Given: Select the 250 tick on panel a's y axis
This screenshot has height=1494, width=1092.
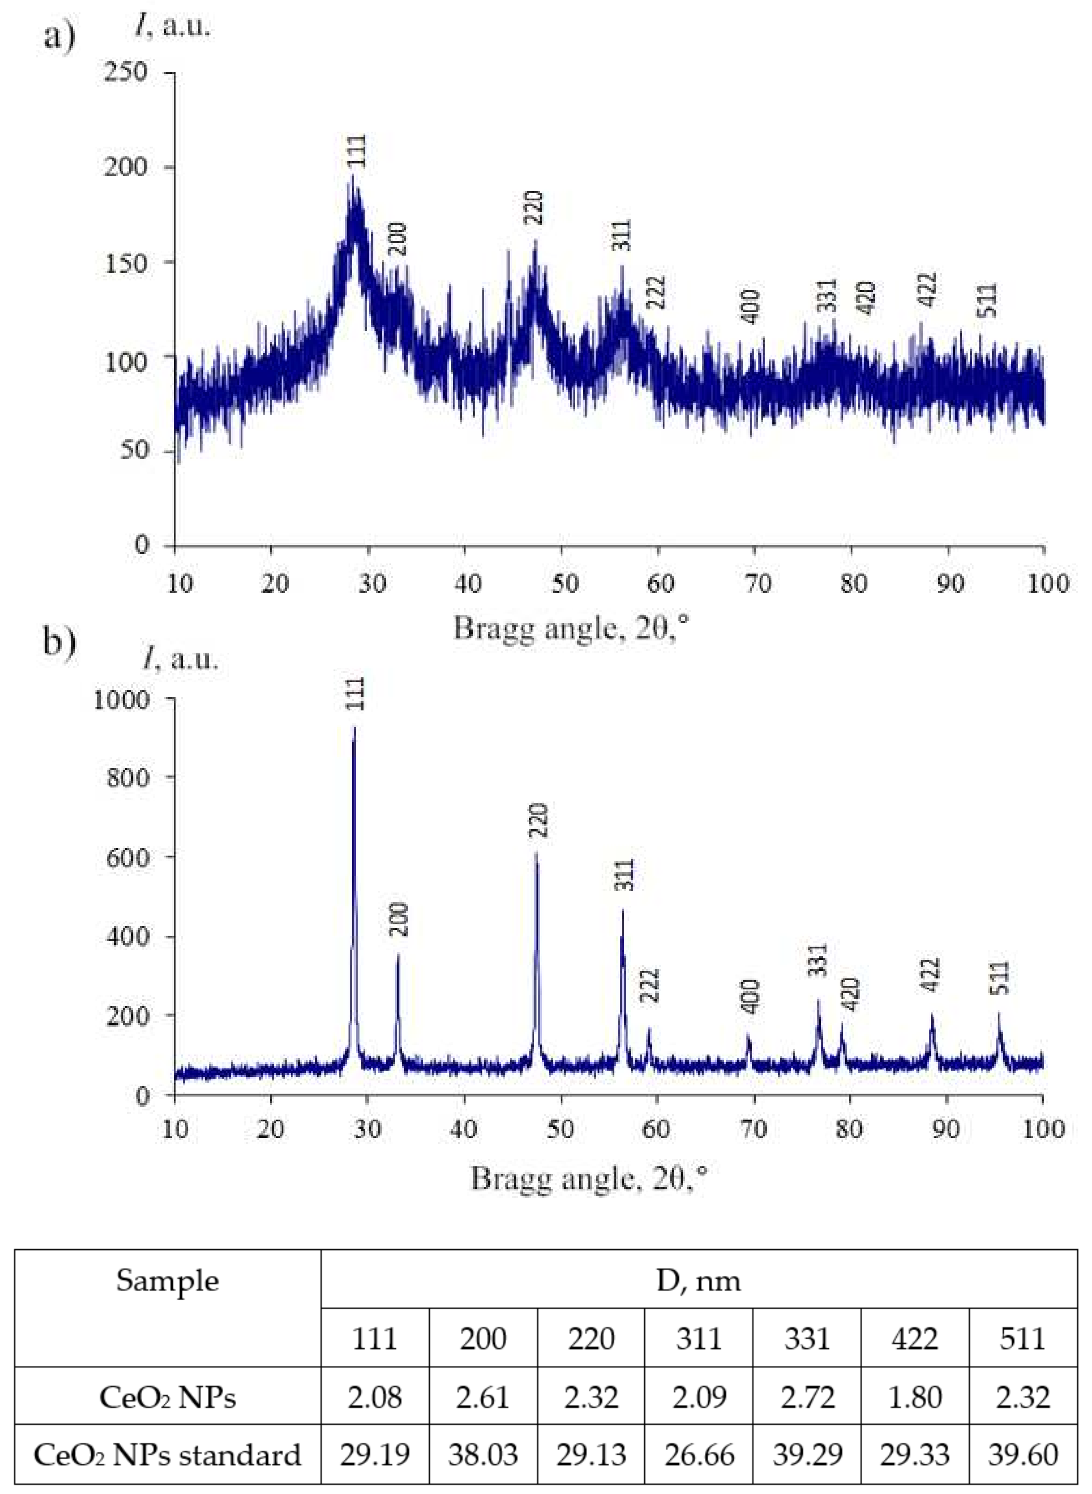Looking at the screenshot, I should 125,71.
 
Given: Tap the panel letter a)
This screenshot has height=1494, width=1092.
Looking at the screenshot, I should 60,36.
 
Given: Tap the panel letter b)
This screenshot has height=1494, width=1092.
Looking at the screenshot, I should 60,642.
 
